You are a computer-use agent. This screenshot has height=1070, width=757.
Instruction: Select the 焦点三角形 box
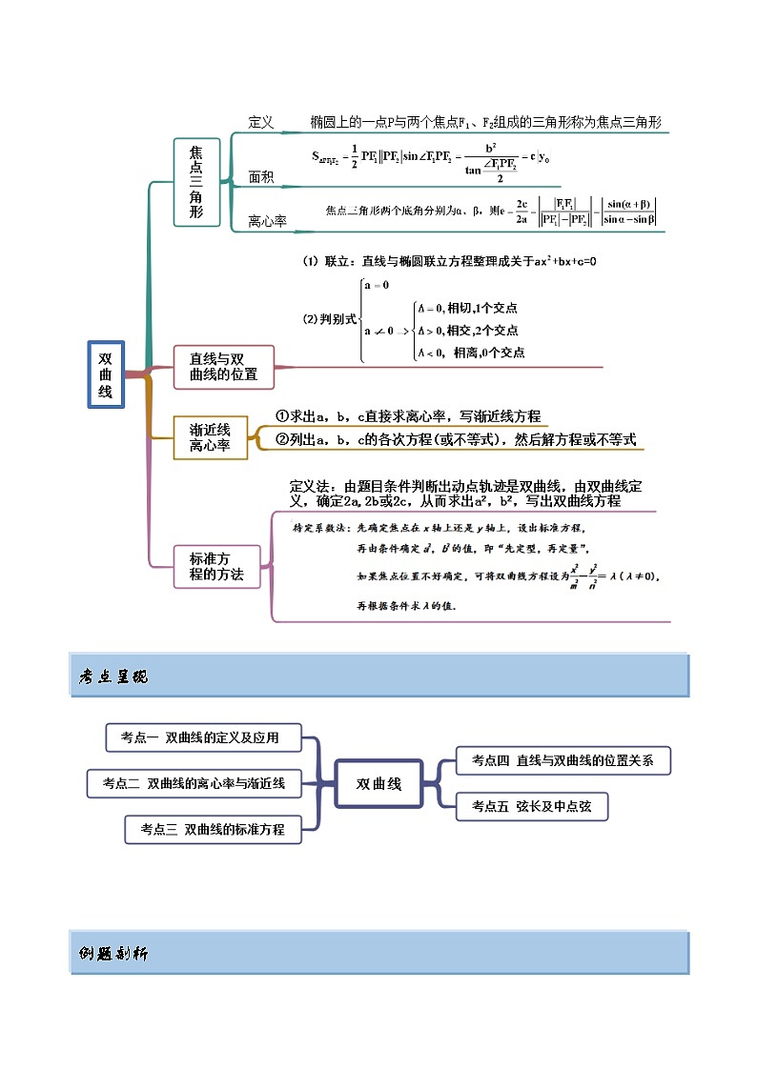coord(196,182)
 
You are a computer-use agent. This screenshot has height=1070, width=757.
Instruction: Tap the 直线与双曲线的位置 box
coord(223,367)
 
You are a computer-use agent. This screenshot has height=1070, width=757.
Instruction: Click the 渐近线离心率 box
coord(210,437)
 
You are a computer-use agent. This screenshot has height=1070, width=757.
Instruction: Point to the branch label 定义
coord(260,122)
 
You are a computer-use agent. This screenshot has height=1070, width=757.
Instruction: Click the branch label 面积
coord(260,176)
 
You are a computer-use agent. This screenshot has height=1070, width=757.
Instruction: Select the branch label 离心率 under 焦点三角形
coord(267,221)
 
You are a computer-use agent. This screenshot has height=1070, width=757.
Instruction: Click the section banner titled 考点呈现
coord(378,676)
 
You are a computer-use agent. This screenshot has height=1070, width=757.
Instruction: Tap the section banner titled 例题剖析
coord(378,953)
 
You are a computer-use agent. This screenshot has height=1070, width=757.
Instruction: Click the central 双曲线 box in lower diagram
coord(378,784)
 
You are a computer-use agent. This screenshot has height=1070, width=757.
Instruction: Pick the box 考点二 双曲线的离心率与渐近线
coord(194,783)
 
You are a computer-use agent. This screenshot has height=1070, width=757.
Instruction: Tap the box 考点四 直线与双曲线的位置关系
coord(563,760)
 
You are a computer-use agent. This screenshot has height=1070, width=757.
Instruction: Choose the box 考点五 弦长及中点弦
coord(531,806)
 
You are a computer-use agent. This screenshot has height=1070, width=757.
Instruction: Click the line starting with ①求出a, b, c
coord(407,416)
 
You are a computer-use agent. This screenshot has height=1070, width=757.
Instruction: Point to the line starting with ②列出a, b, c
coord(455,439)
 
